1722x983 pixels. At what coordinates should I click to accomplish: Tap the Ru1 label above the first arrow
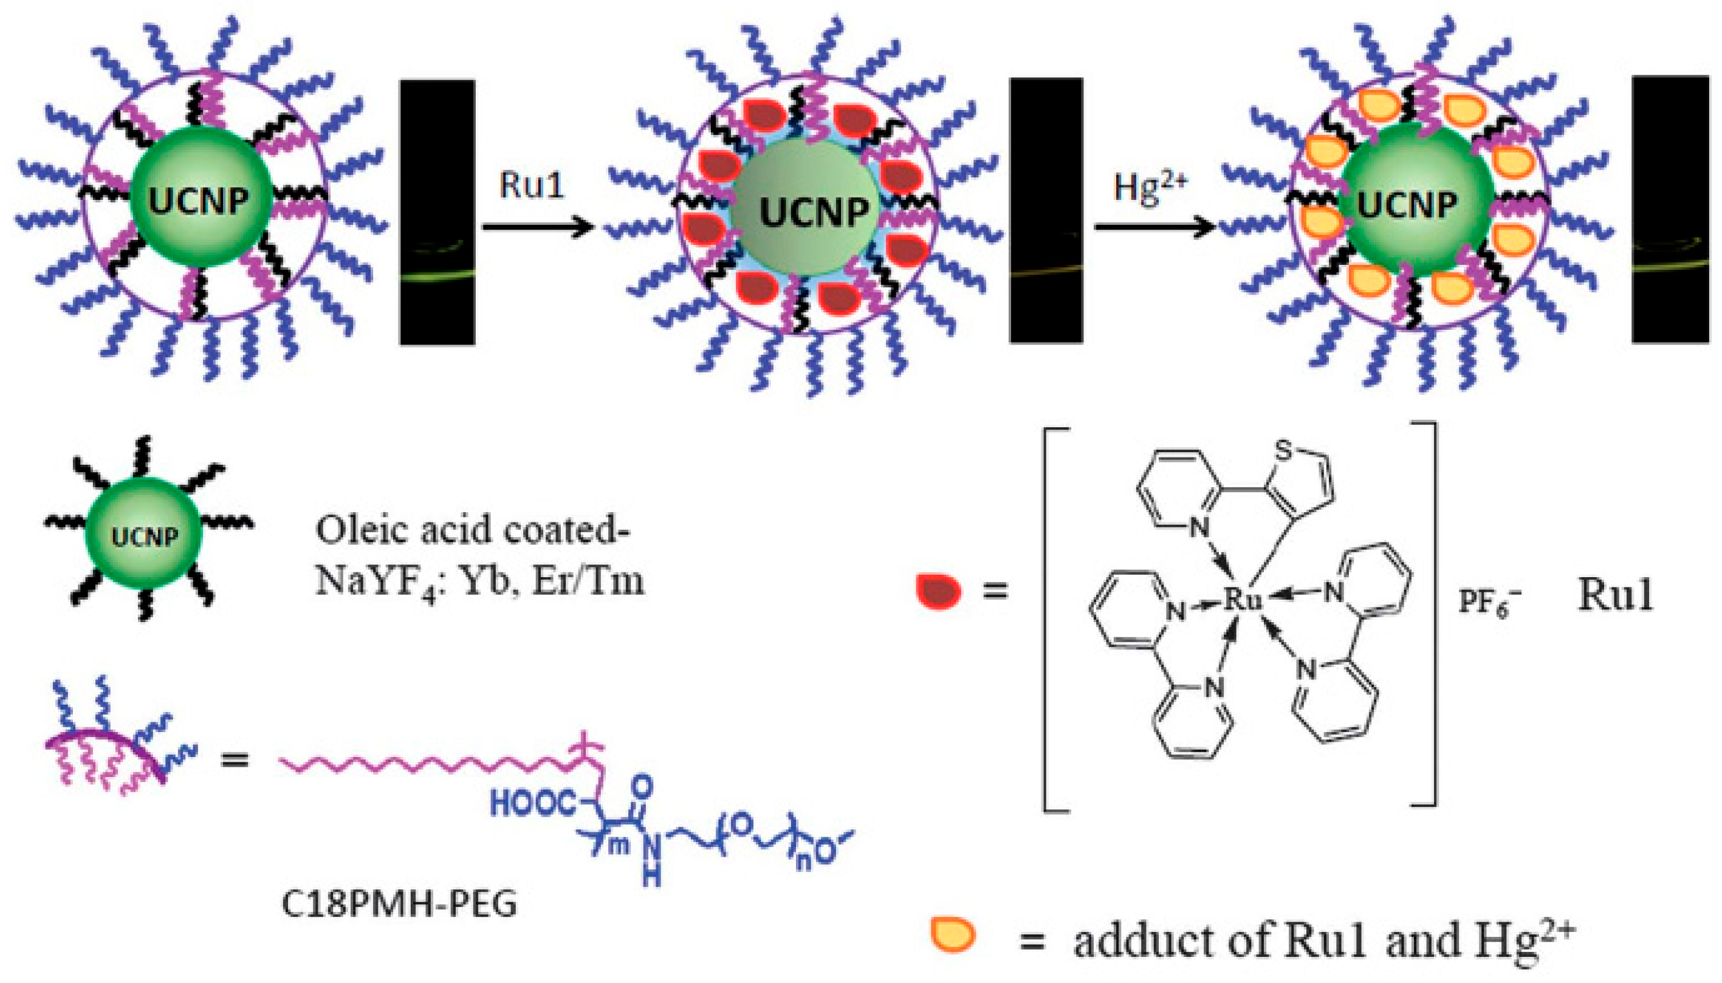click(531, 186)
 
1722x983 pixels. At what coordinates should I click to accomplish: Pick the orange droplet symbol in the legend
click(952, 934)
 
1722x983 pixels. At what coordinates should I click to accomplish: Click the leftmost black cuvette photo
click(437, 213)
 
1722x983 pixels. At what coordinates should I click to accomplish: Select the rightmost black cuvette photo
click(1670, 209)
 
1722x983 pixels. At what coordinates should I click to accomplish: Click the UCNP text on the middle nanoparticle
click(814, 213)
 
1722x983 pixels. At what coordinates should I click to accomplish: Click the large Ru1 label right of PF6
click(1614, 595)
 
